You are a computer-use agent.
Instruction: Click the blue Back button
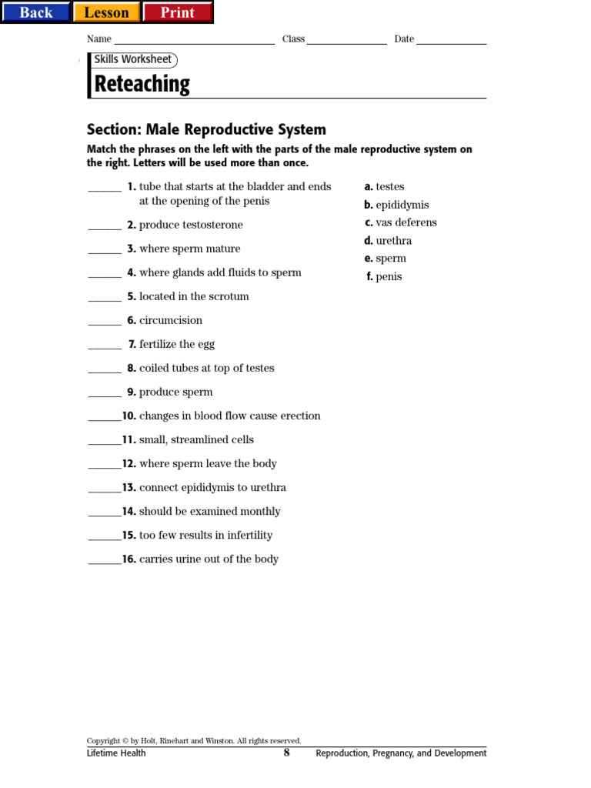[35, 12]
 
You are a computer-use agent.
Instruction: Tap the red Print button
[177, 12]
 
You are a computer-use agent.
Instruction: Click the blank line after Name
[194, 41]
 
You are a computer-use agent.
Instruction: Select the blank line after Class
[346, 41]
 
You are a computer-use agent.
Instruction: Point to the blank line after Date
[451, 41]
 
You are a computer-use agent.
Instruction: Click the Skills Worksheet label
[133, 60]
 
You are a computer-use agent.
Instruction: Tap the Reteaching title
[142, 84]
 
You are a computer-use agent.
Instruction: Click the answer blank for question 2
[105, 227]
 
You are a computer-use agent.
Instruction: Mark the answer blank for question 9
[105, 394]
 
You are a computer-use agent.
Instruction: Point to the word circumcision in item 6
[171, 321]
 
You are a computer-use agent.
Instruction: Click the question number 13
[129, 488]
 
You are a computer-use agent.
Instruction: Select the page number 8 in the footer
[286, 753]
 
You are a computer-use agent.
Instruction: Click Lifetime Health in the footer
[116, 753]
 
